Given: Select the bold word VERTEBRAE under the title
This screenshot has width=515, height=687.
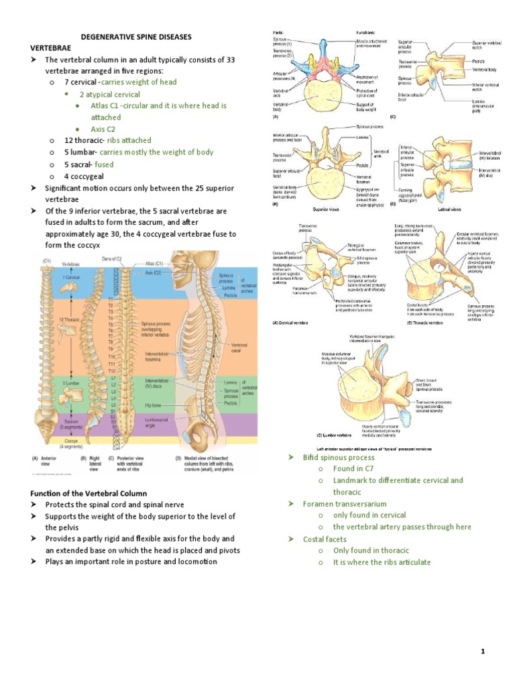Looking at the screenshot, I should coord(50,48).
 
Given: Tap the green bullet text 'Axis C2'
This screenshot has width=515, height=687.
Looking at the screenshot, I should coord(103,129).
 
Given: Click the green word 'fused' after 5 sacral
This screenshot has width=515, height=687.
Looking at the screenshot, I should coord(104,164).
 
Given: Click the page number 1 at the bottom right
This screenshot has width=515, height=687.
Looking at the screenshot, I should coord(482,651).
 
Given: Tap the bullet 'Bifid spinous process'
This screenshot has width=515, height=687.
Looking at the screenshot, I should coord(339,457).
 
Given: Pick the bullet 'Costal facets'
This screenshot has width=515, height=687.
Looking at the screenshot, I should coord(326,539).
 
